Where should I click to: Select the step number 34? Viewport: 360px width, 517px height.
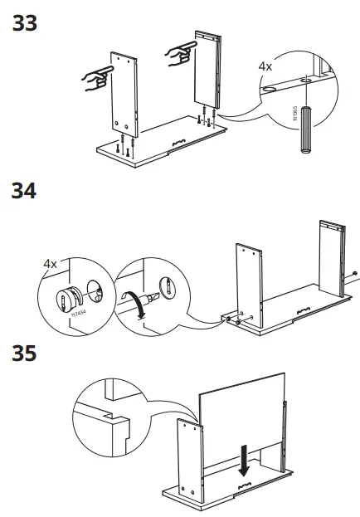pos(24,192)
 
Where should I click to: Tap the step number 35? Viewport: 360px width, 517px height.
pos(24,354)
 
